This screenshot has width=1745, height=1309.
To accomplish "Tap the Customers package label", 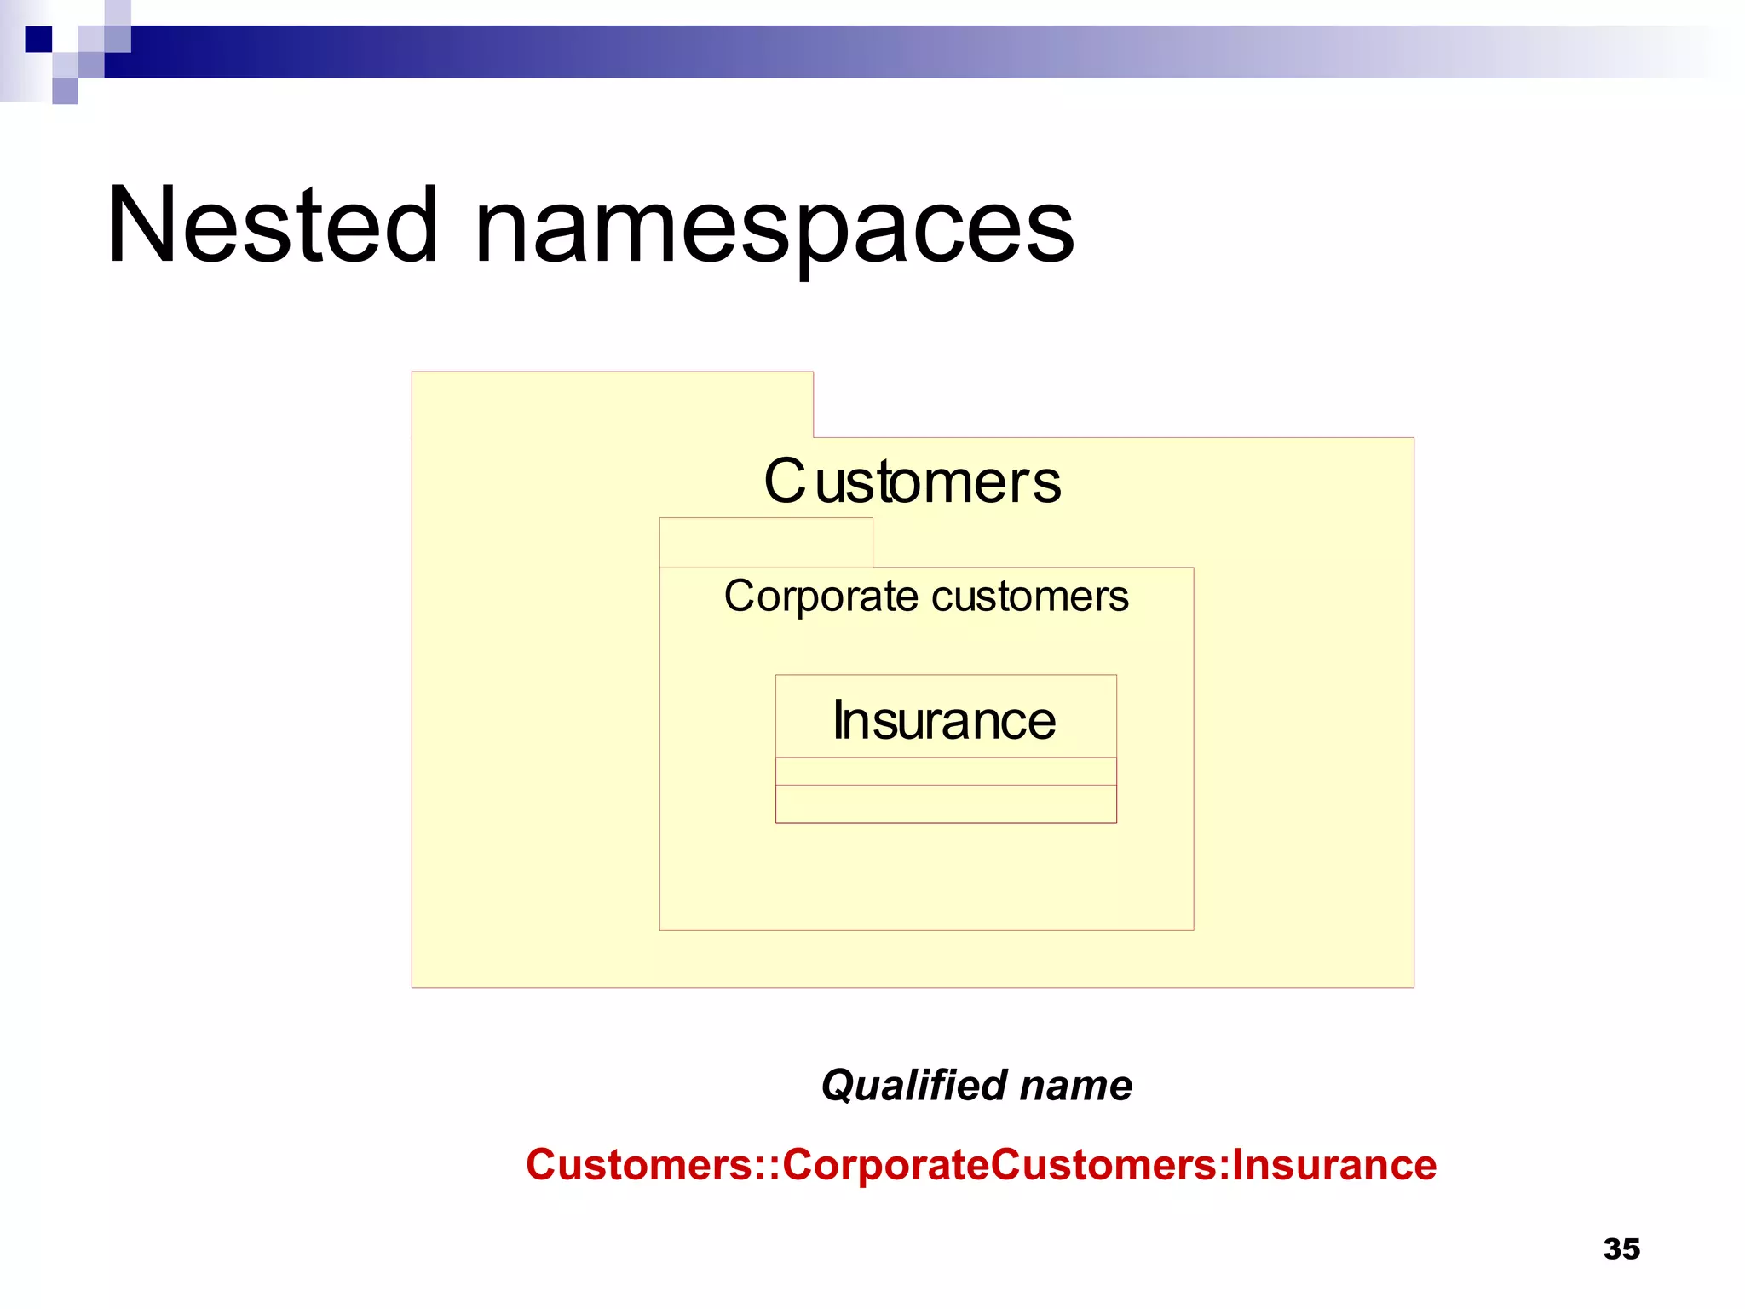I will coord(913,482).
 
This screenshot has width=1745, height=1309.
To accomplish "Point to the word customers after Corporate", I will coord(1030,597).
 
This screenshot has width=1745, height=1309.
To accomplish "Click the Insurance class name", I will coord(944,721).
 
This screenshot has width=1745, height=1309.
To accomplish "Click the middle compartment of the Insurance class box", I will coord(946,771).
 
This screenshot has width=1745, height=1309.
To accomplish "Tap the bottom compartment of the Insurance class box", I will coord(946,804).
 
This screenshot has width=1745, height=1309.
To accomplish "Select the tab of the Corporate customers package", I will coord(766,543).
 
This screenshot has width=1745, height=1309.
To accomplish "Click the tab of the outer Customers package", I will coord(612,405).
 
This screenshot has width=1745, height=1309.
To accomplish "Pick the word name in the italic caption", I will coord(1076,1086).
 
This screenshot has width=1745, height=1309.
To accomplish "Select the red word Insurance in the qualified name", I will coord(1334,1165).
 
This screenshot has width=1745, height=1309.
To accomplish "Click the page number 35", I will coord(1621,1249).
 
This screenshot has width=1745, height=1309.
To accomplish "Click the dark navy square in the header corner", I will coord(38,39).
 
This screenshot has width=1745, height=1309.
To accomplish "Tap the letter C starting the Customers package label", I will coord(784,482).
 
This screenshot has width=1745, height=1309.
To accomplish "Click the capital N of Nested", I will coord(141,226).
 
